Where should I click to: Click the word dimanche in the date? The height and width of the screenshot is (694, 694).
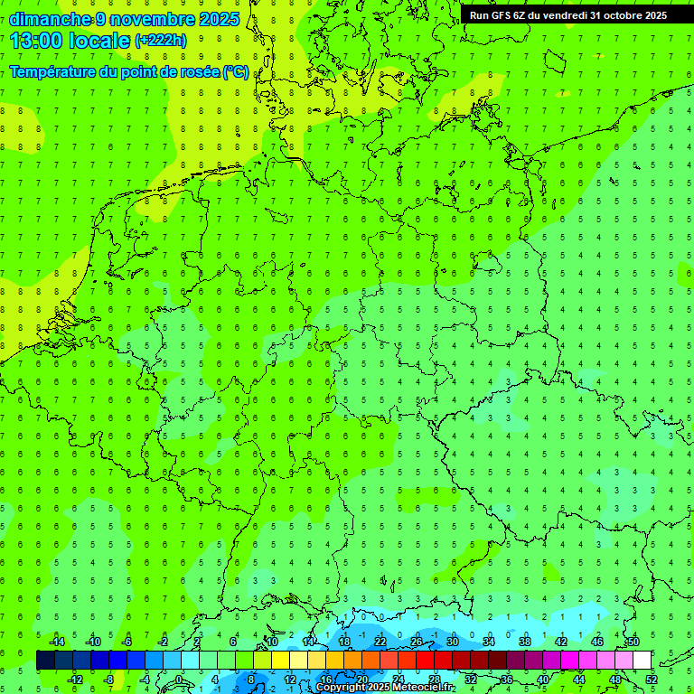[50, 19]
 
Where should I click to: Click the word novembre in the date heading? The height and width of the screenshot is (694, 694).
[154, 19]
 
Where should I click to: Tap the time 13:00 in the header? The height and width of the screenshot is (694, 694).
[38, 41]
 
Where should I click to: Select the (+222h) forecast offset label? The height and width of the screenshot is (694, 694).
[160, 41]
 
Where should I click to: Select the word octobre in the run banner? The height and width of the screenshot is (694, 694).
[621, 15]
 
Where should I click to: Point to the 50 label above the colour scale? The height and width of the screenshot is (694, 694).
[633, 642]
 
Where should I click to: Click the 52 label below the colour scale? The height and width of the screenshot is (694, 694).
[652, 680]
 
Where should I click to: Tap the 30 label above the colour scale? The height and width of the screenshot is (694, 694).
[452, 642]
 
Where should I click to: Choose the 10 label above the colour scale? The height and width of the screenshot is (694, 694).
[271, 642]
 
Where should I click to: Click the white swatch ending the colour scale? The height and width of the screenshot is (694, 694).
[642, 661]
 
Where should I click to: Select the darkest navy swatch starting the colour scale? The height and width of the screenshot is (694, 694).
[45, 661]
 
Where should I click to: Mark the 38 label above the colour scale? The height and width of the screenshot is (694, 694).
[524, 642]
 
